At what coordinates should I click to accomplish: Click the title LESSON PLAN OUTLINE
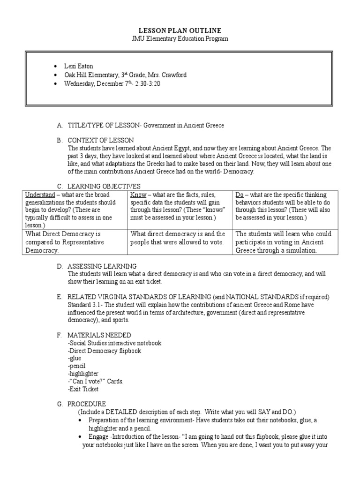[180, 30]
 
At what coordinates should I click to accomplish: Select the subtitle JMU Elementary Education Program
[180, 39]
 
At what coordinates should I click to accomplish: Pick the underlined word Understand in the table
[40, 195]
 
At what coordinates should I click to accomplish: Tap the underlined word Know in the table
[138, 195]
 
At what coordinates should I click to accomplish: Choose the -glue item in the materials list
[75, 358]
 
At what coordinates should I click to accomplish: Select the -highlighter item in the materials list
[82, 374]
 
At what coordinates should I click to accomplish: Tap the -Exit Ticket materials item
[83, 389]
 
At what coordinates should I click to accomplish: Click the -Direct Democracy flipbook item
[104, 351]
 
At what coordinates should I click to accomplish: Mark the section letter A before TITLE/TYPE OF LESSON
[60, 125]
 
